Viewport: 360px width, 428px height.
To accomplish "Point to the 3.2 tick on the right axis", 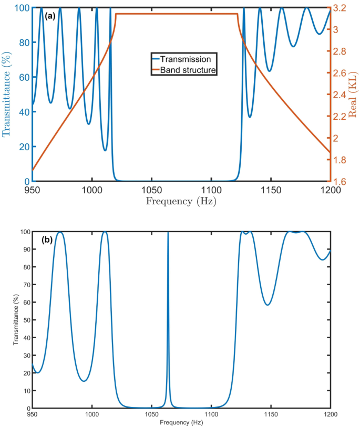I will point(340,8).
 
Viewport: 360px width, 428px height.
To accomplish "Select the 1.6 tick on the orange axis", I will point(340,181).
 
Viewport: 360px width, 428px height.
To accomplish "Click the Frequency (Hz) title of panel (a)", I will point(181,201).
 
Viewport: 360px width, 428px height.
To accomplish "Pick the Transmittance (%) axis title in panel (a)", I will point(7,95).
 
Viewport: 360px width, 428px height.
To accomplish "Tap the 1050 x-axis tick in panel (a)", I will point(151,190).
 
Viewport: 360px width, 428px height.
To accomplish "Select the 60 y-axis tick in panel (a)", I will point(23,77).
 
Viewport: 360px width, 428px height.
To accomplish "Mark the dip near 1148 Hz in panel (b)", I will point(268,305).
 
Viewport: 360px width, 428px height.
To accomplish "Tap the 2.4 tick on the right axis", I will point(340,95).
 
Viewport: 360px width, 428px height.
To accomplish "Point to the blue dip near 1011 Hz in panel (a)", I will point(105,150).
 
